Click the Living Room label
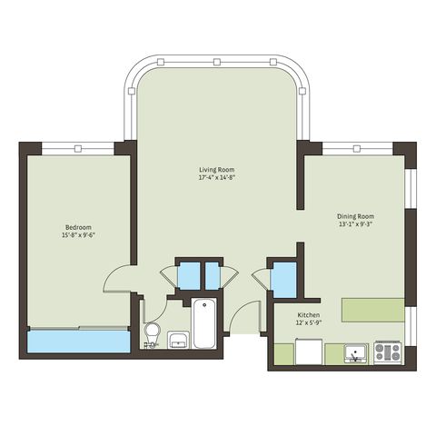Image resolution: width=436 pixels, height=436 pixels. click(x=216, y=170)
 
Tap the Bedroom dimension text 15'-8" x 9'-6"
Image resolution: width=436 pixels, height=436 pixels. click(x=78, y=235)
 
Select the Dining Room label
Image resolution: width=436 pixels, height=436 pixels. click(x=355, y=216)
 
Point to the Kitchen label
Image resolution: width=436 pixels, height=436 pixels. click(x=309, y=315)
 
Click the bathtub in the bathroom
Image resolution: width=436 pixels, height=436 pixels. click(x=204, y=323)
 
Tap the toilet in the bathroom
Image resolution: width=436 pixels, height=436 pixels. click(x=152, y=333)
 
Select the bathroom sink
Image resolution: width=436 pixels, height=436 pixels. click(x=178, y=340)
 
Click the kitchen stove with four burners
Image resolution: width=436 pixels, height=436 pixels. click(x=388, y=352)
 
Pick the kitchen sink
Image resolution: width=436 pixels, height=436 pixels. click(x=356, y=353)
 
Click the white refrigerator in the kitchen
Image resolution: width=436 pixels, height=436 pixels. click(x=309, y=352)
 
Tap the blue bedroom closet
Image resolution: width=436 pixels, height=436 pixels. click(x=79, y=342)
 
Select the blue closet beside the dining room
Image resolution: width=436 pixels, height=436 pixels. click(x=283, y=280)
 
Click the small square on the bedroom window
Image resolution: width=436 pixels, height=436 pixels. click(x=78, y=149)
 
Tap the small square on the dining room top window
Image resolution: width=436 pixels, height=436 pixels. click(x=357, y=149)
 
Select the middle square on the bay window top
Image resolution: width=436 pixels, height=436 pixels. click(x=216, y=62)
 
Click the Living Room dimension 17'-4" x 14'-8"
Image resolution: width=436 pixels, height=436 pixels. click(x=217, y=178)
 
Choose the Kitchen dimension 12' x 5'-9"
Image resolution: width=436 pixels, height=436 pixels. click(x=309, y=323)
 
